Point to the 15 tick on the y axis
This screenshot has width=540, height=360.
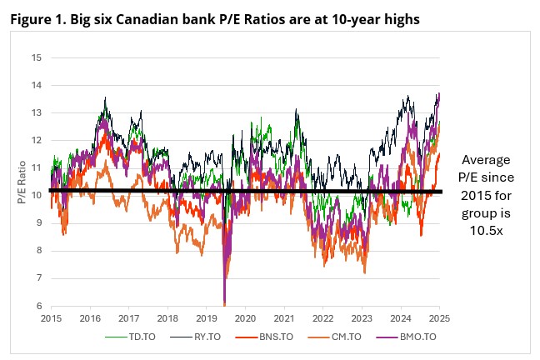pyautogui.click(x=36, y=57)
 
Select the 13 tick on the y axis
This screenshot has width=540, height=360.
pyautogui.click(x=36, y=112)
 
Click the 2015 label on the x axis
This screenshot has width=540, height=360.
pyautogui.click(x=51, y=317)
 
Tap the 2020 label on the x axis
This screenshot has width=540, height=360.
pyautogui.click(x=245, y=317)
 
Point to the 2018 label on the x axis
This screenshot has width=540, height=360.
pyautogui.click(x=167, y=317)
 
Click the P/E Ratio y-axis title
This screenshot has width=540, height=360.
pyautogui.click(x=22, y=182)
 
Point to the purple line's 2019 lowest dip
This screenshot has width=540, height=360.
pyautogui.click(x=224, y=303)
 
